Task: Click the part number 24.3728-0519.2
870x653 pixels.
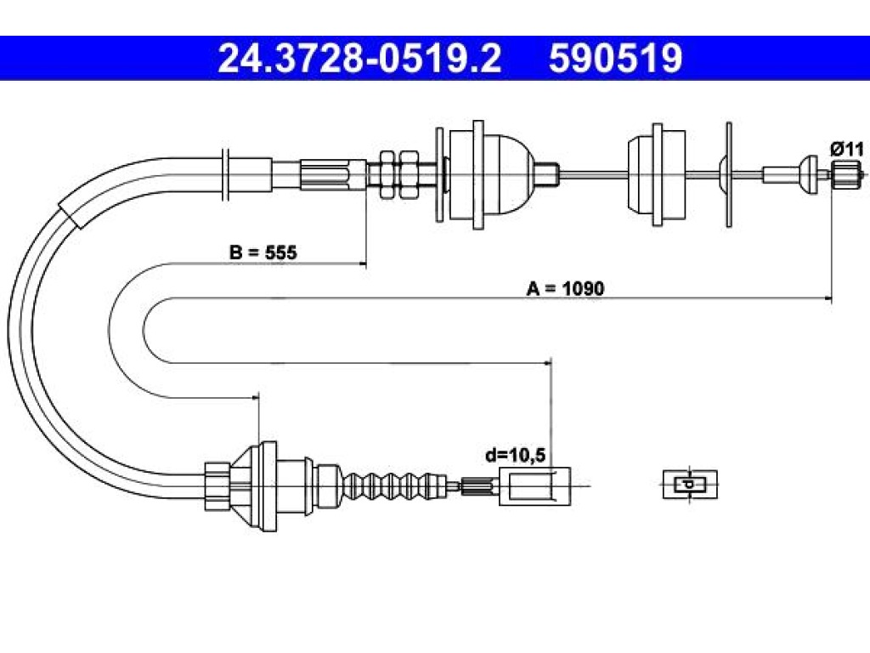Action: point(359,59)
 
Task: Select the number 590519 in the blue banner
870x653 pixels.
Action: point(615,59)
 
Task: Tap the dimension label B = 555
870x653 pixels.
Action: point(263,252)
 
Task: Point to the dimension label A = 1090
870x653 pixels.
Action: point(565,288)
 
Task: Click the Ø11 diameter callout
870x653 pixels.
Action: point(847,149)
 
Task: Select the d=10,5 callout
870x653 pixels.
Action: point(516,456)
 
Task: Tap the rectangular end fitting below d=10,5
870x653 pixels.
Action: point(534,485)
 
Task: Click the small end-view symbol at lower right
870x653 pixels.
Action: point(690,484)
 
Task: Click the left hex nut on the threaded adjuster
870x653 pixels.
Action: point(387,174)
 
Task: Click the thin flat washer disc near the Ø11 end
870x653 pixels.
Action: point(728,174)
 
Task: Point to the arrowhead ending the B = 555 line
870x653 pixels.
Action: point(364,264)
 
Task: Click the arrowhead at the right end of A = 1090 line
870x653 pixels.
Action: point(829,298)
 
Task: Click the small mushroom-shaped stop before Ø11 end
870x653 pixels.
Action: point(808,174)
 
